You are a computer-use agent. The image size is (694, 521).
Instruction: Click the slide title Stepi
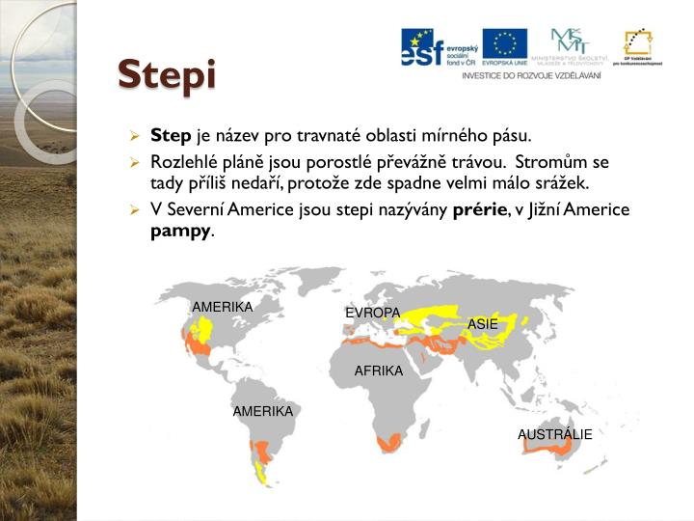(x=167, y=75)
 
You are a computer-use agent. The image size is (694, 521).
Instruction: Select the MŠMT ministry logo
(x=572, y=46)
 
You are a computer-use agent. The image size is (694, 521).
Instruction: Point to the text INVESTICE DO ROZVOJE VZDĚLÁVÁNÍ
(x=531, y=75)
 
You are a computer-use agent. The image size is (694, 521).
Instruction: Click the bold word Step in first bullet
(x=172, y=137)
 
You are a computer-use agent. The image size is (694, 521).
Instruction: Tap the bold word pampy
(x=180, y=232)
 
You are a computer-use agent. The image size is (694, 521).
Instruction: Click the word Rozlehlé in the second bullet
(x=182, y=162)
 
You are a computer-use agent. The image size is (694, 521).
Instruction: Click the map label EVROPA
(x=372, y=314)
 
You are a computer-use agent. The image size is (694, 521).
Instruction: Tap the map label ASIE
(x=483, y=325)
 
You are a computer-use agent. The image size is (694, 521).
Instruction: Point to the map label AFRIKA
(x=378, y=371)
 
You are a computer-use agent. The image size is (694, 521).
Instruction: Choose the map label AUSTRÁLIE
(x=554, y=435)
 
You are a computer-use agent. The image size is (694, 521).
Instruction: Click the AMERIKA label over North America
(x=222, y=308)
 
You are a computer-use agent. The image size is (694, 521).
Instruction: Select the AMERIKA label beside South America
(x=262, y=412)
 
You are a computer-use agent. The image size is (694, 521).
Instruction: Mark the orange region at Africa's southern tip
(x=388, y=443)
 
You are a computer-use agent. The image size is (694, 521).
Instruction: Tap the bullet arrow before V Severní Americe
(x=137, y=210)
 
